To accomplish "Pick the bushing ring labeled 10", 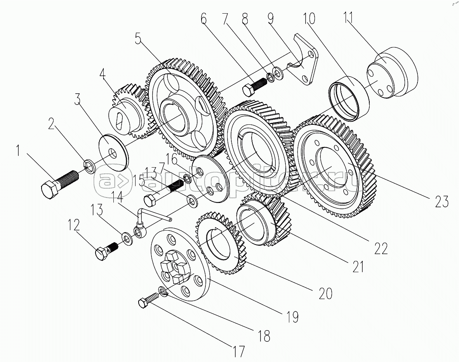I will coord(348,97).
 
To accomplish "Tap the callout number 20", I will coord(325,294).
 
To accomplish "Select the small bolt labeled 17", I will coord(147,301).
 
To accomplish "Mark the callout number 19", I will coord(292,317).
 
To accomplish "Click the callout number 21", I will coord(358,266).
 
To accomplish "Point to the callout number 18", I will coord(264,336).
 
